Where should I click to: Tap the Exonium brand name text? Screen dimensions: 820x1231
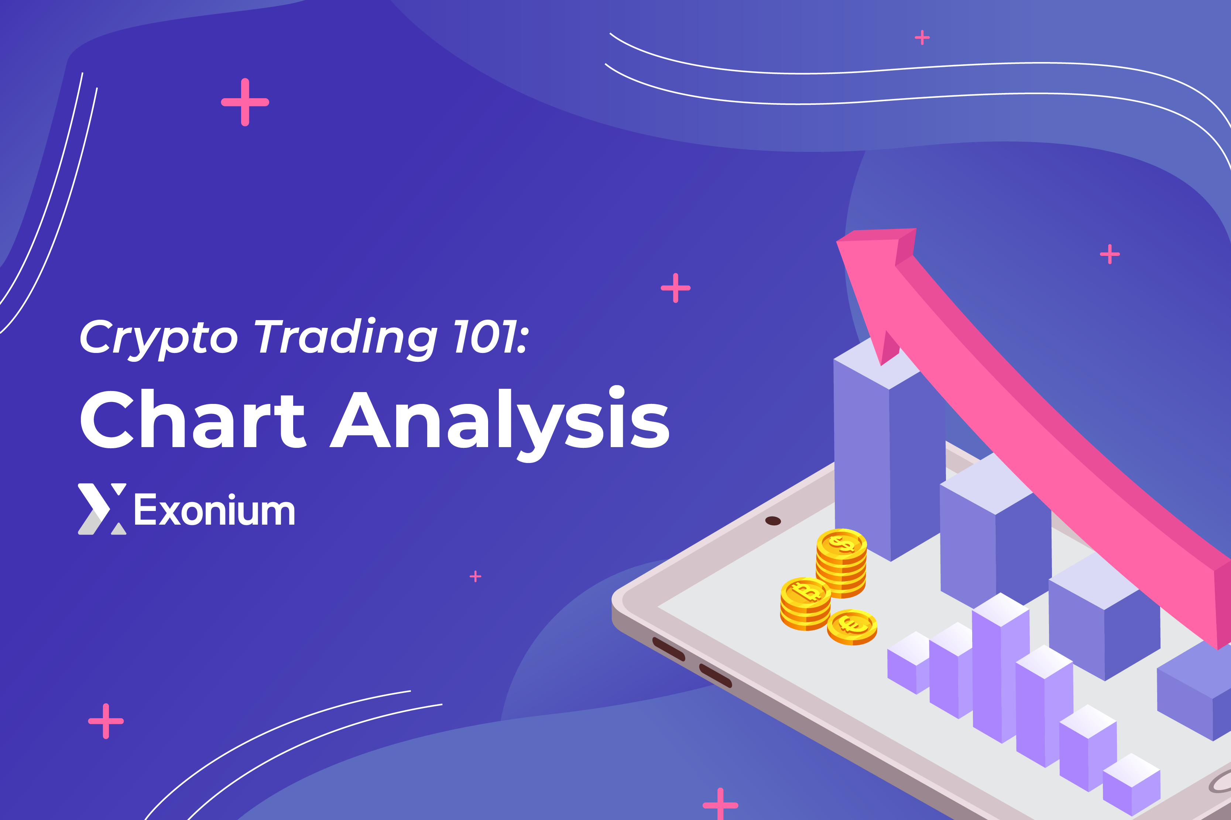(215, 510)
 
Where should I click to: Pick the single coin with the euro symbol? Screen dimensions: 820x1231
(852, 626)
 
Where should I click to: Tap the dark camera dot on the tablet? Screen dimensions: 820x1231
(773, 521)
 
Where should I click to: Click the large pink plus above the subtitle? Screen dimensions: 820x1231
(245, 102)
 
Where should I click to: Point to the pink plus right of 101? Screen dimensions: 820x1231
(676, 288)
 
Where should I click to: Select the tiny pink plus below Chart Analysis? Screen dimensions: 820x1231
(475, 576)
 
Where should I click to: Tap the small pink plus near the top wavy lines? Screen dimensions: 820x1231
(922, 38)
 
